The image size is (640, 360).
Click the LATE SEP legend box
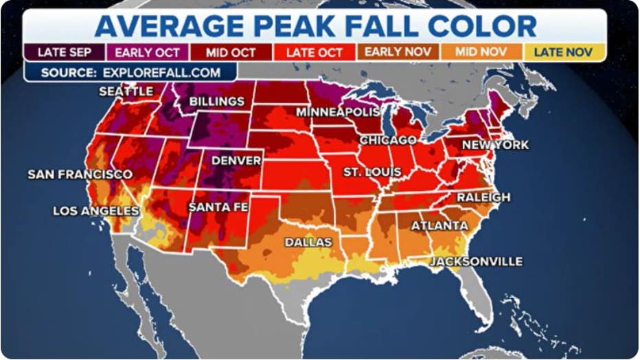tap(65, 52)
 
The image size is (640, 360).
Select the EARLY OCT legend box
tap(148, 52)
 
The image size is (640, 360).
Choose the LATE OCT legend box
tap(315, 52)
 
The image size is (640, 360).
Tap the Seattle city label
tap(126, 91)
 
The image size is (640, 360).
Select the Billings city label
tap(216, 102)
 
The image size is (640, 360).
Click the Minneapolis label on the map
tap(338, 112)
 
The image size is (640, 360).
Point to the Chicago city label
tap(388, 140)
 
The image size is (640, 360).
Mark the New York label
tap(495, 145)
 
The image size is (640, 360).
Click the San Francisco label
tap(80, 175)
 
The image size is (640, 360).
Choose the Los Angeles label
tap(96, 211)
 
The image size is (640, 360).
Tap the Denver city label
tap(236, 161)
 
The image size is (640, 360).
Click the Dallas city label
tap(308, 242)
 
